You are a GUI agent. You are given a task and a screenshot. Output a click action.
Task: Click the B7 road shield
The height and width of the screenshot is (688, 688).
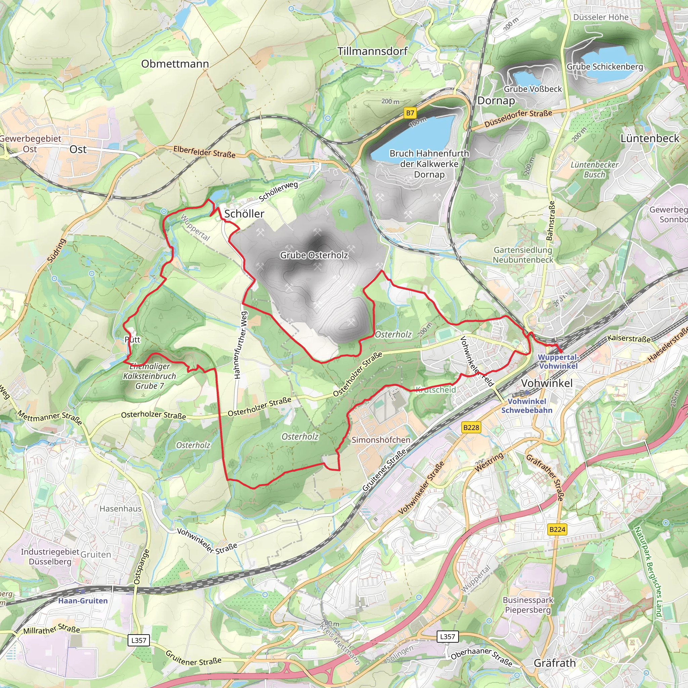click(x=410, y=113)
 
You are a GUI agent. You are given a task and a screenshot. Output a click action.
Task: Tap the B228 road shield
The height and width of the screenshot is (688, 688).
click(x=471, y=427)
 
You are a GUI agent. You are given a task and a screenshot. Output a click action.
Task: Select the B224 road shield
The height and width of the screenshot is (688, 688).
click(x=557, y=529)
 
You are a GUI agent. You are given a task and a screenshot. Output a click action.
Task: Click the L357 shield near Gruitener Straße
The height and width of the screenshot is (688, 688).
click(x=138, y=640)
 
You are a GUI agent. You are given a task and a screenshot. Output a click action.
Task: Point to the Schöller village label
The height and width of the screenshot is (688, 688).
click(x=244, y=214)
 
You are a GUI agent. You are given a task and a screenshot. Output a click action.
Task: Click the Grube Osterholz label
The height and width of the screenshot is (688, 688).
click(x=314, y=255)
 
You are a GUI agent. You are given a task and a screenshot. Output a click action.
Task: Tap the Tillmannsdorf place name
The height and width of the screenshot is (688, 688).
click(x=373, y=51)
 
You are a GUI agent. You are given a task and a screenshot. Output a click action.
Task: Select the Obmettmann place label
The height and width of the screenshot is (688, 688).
click(x=175, y=64)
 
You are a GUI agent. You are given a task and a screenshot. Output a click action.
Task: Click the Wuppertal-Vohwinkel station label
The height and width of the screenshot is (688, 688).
click(x=558, y=361)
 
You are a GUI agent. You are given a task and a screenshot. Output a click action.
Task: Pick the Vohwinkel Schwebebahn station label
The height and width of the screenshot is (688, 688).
click(x=527, y=405)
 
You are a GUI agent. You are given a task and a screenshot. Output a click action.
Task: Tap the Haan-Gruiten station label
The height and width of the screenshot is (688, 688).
click(x=83, y=601)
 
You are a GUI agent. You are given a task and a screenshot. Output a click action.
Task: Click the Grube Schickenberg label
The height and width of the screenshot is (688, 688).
click(x=605, y=67)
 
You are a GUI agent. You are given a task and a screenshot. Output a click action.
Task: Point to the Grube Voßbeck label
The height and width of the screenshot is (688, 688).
click(x=533, y=89)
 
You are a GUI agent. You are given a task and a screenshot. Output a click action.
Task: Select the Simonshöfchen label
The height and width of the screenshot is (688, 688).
click(x=381, y=440)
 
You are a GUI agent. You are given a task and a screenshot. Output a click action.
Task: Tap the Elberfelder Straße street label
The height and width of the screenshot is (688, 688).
click(x=204, y=152)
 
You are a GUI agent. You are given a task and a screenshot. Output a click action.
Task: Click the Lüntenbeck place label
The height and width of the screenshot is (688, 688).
click(x=650, y=138)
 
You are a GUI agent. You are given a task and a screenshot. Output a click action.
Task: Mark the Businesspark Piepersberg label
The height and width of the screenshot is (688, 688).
click(x=528, y=605)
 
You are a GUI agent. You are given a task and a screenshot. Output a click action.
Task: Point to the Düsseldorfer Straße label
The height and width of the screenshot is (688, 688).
click(x=518, y=118)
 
